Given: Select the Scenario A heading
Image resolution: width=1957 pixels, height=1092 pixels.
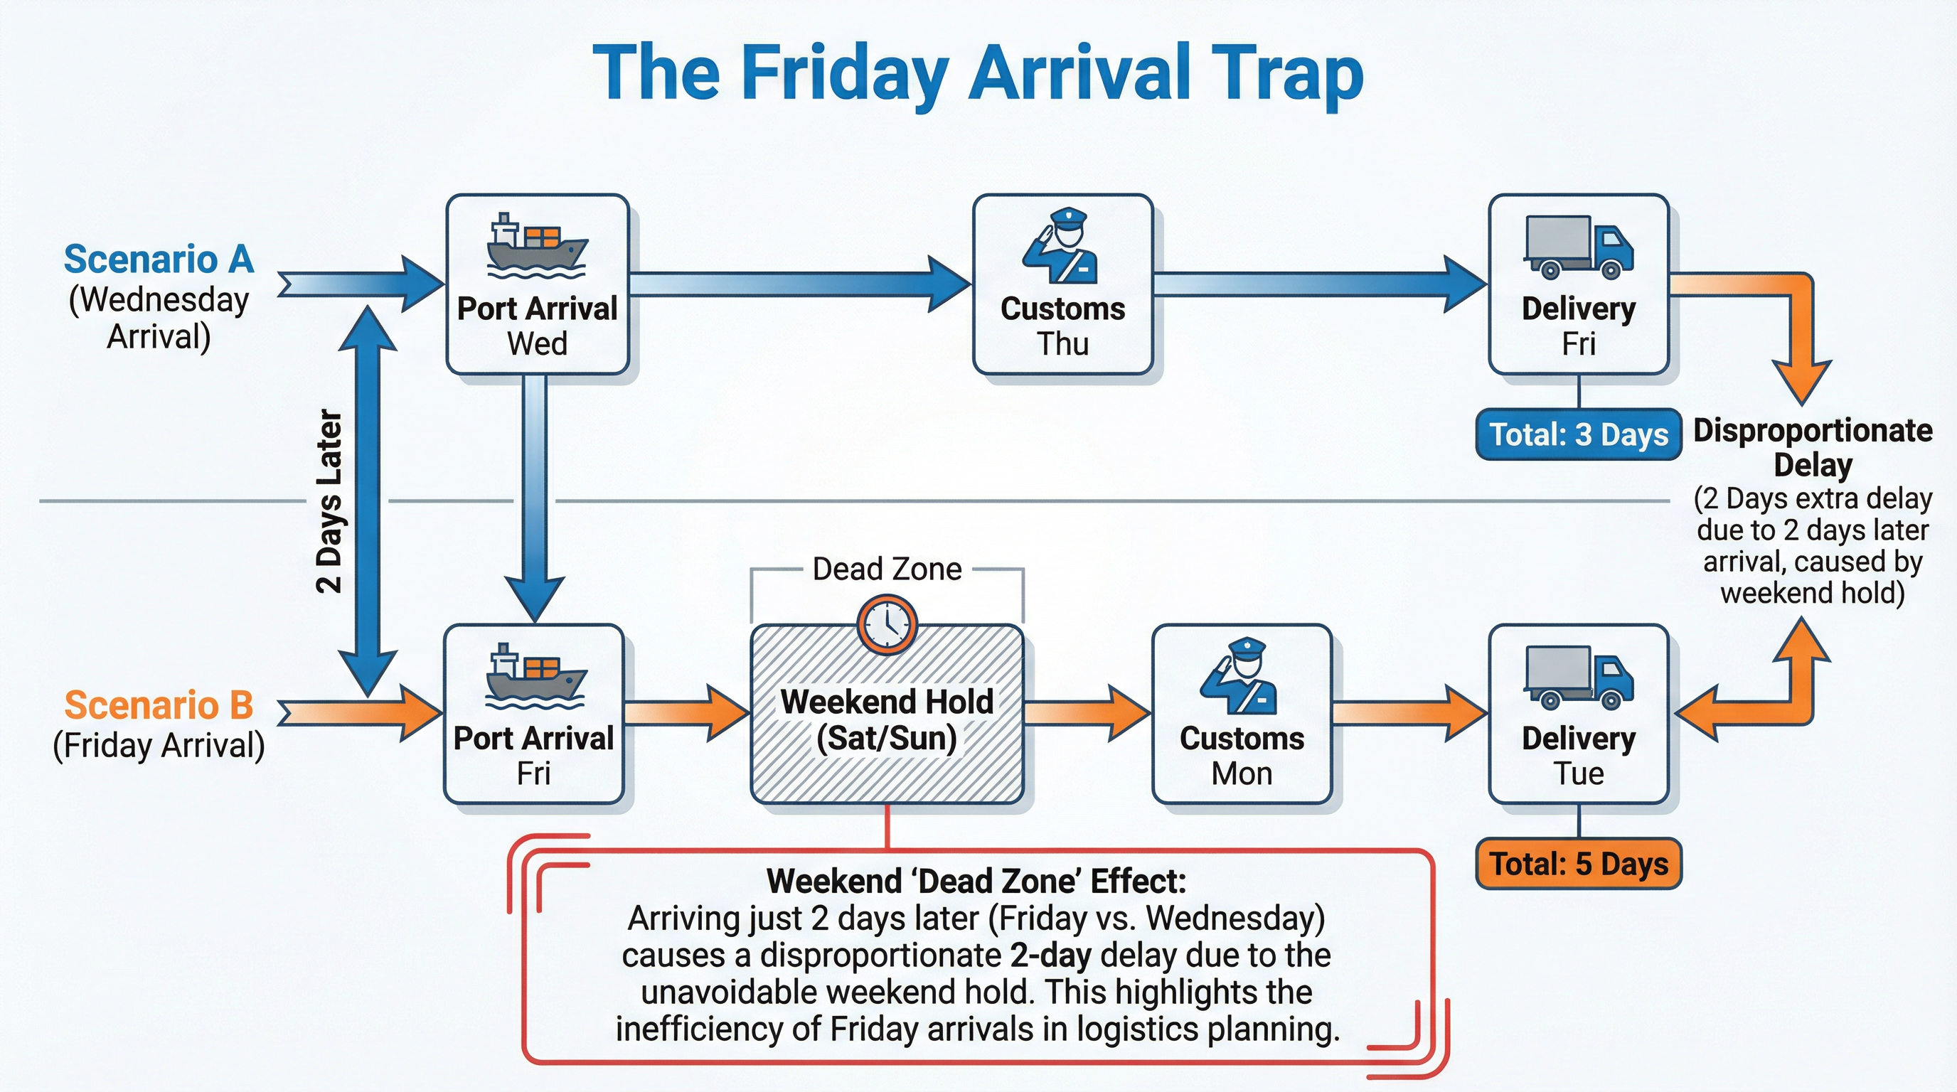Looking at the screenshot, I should pos(159,259).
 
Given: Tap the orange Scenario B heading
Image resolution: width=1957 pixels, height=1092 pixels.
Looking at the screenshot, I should pos(159,705).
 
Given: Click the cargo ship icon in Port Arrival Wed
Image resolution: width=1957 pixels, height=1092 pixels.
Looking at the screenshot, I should pos(535,245).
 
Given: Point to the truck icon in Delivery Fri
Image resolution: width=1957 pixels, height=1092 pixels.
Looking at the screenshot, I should pos(1578,247).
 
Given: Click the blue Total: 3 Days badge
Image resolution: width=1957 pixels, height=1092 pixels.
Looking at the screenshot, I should pos(1578,434).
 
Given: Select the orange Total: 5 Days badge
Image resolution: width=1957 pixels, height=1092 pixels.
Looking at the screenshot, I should pos(1578,863).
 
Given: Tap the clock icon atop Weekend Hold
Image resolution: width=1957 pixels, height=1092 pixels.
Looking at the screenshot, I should pos(887,624).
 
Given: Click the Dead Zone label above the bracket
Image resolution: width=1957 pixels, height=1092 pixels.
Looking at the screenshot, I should pos(887,569).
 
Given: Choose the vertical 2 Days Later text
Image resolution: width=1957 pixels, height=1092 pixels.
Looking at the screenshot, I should pos(330,501).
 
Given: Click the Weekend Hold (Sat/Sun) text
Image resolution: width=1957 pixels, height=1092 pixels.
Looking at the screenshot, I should pos(887,719).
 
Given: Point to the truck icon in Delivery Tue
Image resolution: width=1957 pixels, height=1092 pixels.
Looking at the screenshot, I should pos(1578,677).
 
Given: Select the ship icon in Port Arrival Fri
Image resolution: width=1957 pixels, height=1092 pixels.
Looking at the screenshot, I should pos(534,675).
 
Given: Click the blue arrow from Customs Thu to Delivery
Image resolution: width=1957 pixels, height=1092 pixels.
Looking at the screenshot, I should pos(1318,284).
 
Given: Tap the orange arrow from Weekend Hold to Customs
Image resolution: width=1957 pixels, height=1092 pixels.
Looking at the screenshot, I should pos(1087,712).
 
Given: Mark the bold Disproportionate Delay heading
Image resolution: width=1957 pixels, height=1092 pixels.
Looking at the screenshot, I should pos(1813,446).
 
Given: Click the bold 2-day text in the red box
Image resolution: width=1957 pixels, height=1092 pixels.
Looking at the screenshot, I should pos(1050,955).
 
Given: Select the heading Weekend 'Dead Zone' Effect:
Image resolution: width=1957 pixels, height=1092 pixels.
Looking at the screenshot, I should pos(976,881).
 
